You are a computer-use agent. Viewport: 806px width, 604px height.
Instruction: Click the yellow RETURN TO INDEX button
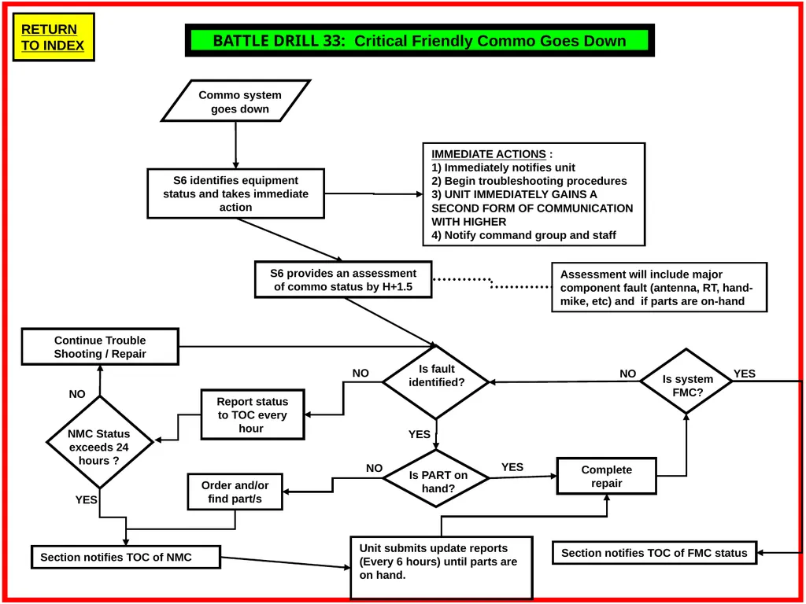54,38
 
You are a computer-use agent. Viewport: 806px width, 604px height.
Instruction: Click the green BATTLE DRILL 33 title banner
420,41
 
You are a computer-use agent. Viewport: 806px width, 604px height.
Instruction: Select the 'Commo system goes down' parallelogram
236,101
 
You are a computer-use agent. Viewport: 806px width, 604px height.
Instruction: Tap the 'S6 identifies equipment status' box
236,193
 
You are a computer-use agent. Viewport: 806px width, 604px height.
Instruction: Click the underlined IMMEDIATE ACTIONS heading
488,154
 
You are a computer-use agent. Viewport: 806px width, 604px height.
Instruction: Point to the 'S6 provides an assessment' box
343,279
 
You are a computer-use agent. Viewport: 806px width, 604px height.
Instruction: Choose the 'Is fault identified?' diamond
436,382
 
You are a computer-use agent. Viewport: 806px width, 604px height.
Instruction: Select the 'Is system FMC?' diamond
686,381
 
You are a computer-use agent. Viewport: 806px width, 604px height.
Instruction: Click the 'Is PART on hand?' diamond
436,479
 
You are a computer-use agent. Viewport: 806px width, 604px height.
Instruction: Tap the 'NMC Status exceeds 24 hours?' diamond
100,442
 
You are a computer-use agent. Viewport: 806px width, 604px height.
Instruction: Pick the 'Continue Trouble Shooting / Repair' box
100,347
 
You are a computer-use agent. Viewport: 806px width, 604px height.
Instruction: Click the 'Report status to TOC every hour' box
252,414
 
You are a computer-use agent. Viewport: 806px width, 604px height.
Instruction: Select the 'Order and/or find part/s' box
235,492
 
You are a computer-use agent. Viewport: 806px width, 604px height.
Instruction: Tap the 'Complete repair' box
607,476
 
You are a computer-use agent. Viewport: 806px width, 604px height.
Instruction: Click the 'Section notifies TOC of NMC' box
126,558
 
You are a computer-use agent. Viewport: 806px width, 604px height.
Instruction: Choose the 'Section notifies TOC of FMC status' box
654,553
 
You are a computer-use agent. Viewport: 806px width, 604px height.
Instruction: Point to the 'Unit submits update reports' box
441,568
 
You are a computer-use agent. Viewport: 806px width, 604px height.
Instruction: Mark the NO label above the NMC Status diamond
77,394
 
